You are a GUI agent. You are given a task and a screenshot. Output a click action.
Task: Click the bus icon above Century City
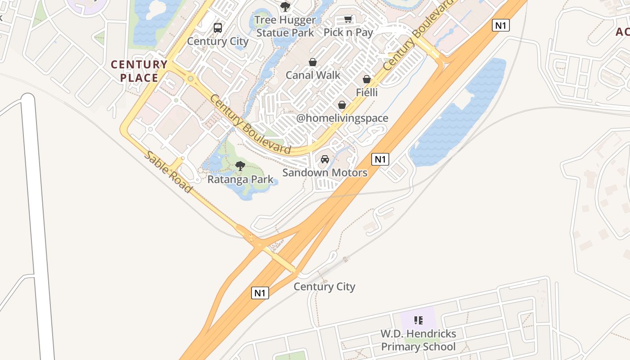coord(218,27)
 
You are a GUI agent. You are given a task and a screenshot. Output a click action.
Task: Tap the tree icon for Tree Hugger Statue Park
coord(285,7)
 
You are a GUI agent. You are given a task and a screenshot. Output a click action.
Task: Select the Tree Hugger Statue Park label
coord(285,27)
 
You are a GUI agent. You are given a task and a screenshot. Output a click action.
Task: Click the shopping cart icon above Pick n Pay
coord(348,19)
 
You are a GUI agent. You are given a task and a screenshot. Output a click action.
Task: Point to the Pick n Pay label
coord(348,32)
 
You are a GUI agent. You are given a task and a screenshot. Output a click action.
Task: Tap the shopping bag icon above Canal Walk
coord(313,62)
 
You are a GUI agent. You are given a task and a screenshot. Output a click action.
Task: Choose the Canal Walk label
coord(313,75)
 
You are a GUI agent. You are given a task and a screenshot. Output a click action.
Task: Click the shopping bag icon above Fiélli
coord(367,80)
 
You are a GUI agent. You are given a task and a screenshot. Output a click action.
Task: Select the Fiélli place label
coord(367,93)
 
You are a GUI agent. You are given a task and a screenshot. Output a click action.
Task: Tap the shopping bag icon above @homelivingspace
coord(342,105)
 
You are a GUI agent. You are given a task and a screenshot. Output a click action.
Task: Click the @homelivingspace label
coord(342,118)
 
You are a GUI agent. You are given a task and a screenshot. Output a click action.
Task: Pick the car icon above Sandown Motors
coord(325,159)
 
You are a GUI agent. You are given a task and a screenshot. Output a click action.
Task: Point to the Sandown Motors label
coord(325,172)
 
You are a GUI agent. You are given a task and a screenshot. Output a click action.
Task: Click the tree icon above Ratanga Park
coord(240,166)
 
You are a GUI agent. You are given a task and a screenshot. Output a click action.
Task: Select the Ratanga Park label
coord(240,180)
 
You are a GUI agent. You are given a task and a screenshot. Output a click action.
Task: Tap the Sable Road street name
coord(168,172)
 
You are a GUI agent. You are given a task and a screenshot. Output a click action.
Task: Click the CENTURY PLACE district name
coord(139,71)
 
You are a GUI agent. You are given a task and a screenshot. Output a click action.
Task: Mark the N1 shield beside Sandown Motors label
coord(380,159)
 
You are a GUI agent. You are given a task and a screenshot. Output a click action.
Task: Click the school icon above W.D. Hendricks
coord(418,321)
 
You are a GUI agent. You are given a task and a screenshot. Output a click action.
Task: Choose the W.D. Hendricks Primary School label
coord(418,340)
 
